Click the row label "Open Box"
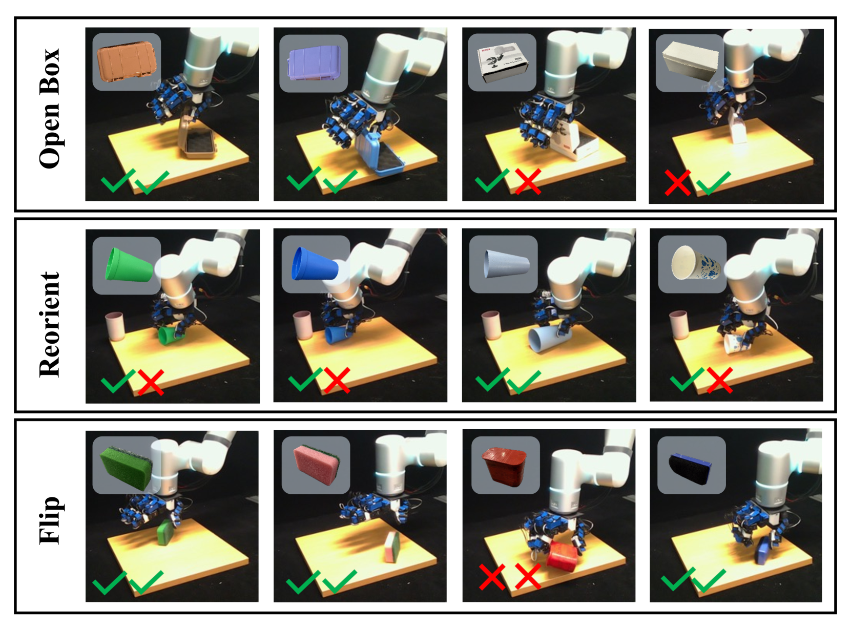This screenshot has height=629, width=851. pyautogui.click(x=50, y=108)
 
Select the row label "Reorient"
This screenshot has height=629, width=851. pyautogui.click(x=50, y=324)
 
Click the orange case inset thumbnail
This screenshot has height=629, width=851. pyautogui.click(x=127, y=62)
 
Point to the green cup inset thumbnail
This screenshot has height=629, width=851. pyautogui.click(x=129, y=265)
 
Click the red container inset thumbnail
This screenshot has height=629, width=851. pyautogui.click(x=505, y=467)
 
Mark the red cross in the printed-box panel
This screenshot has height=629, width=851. pyautogui.click(x=528, y=181)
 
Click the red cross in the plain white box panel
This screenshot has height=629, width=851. pyautogui.click(x=678, y=182)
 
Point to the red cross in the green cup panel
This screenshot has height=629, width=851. pyautogui.click(x=151, y=383)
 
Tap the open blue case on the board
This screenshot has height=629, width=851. pyautogui.click(x=379, y=154)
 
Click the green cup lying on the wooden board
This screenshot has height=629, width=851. pyautogui.click(x=171, y=336)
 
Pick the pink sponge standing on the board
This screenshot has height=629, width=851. pyautogui.click(x=392, y=548)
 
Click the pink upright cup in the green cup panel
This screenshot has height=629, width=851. pyautogui.click(x=115, y=326)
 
